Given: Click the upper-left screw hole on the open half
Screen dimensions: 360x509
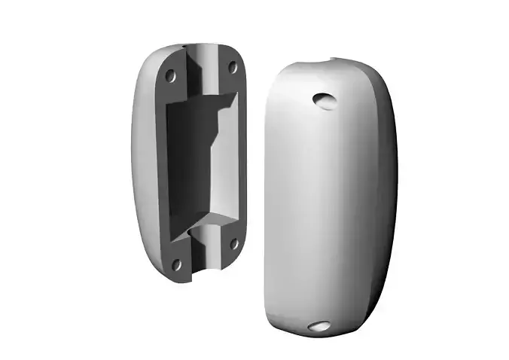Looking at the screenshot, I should [x=171, y=75].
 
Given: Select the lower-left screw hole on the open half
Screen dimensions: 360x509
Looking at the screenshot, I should [x=178, y=264].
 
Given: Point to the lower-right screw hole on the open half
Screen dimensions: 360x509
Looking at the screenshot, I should [x=233, y=243].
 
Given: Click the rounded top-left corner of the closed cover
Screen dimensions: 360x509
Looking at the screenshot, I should [x=282, y=75].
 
